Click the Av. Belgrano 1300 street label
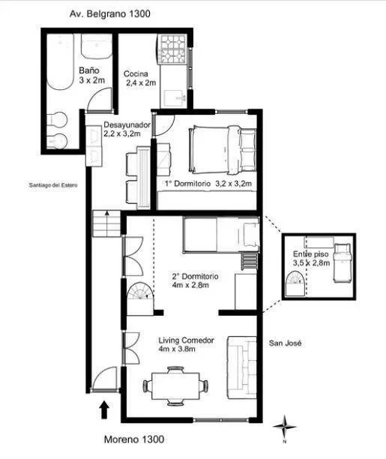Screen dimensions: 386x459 pos(109,13)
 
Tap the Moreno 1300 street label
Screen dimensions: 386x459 pos(134,439)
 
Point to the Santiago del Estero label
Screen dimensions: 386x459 pos(53,185)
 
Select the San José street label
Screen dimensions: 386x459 pos(285,343)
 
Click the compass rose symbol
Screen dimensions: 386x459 pos(285,427)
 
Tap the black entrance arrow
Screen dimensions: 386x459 pos(104,410)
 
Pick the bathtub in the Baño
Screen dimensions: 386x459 pos(61,62)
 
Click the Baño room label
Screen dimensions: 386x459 pos(89,70)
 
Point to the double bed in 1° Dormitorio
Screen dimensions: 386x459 pos(223,149)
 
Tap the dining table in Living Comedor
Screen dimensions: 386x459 pos(175,386)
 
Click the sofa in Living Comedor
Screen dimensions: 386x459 pos(242,367)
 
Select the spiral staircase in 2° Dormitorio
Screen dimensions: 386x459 pos(140,298)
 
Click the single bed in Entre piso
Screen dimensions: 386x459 pos(343,262)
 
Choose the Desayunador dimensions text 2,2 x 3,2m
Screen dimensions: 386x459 pos(122,133)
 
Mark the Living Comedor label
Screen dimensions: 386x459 pos(186,340)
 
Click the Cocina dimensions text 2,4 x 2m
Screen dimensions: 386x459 pos(141,82)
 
